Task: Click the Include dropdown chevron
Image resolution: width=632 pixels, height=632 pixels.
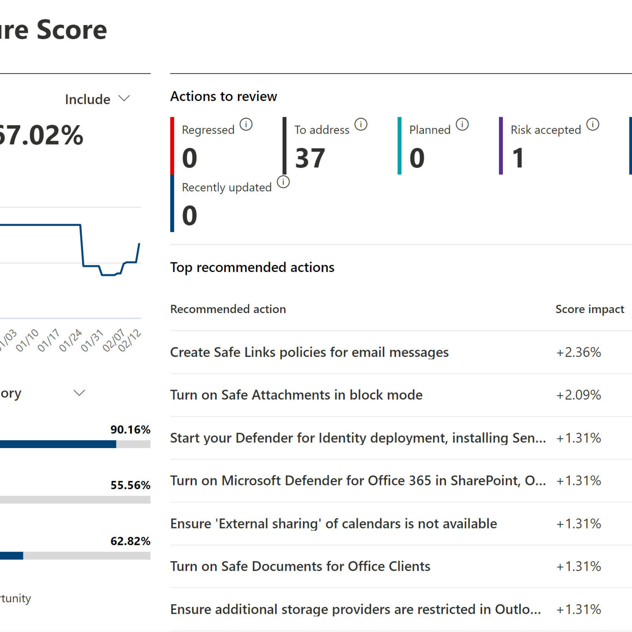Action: [124, 98]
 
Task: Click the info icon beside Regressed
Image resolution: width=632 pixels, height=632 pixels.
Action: [246, 124]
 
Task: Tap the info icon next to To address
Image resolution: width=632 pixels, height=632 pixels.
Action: [361, 124]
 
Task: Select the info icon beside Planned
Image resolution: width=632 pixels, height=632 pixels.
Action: [462, 124]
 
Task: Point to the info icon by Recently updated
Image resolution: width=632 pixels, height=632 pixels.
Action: [283, 182]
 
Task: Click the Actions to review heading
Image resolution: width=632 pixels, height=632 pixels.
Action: [224, 96]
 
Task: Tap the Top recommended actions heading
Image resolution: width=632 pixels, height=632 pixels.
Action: [252, 267]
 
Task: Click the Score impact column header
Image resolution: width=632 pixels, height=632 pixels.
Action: [589, 309]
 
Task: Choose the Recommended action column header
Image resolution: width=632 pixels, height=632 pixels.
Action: [228, 309]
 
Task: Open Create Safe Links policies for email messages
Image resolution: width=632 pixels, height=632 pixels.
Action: [309, 352]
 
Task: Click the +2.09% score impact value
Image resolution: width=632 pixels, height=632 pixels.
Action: [578, 395]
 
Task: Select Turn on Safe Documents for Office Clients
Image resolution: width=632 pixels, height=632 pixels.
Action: [300, 566]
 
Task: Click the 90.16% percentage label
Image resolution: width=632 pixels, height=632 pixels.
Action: [130, 430]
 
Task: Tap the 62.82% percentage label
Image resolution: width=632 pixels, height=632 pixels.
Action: [130, 541]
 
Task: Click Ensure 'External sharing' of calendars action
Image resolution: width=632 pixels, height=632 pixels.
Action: [333, 524]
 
